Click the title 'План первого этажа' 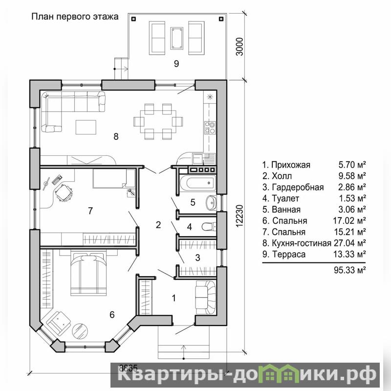[75, 17]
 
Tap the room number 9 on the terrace [176, 64]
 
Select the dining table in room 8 [158, 122]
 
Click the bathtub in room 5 [200, 183]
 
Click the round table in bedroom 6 [80, 331]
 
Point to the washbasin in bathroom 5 [211, 202]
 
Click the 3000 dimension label [239, 46]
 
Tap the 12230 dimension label [239, 216]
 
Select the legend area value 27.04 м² [349, 243]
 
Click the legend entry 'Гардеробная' [298, 187]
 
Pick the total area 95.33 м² [349, 270]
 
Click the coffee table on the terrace [177, 38]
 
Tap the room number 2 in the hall [158, 225]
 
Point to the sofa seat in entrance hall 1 [205, 297]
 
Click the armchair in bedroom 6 [59, 322]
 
